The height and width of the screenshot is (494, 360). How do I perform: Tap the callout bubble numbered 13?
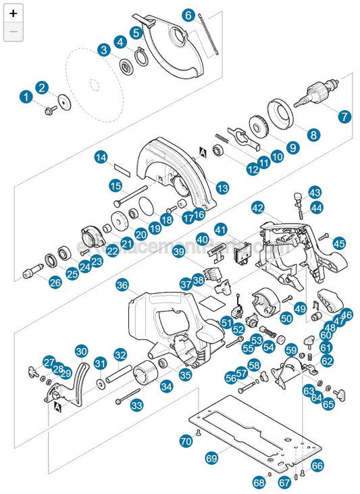[x=222, y=187]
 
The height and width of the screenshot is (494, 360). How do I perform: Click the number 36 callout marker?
[x=122, y=285]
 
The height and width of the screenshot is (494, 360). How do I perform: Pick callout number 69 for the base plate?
[x=211, y=458]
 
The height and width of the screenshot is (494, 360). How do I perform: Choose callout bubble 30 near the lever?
[x=81, y=351]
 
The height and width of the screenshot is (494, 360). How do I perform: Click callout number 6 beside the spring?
[x=188, y=15]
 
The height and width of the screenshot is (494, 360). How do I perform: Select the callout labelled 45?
[x=339, y=243]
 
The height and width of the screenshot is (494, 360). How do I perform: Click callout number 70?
[x=186, y=441]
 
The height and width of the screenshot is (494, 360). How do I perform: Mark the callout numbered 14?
[x=101, y=157]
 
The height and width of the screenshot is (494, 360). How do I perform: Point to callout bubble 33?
[x=136, y=405]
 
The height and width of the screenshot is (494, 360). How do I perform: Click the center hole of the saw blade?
[x=94, y=84]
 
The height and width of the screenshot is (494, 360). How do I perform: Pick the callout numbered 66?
[x=317, y=466]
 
